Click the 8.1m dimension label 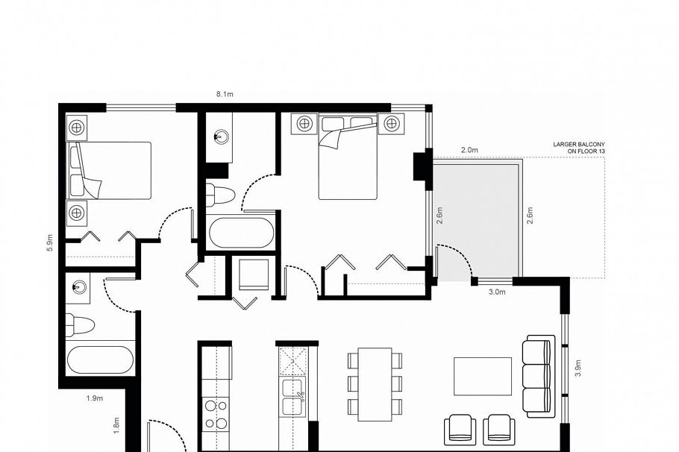225,94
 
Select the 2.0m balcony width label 469,150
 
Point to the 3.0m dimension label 497,292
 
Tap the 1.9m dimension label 95,398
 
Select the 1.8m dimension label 116,426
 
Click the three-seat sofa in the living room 538,374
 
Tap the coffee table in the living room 483,376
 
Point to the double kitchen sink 290,395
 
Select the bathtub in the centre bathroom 241,233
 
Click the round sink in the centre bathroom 220,136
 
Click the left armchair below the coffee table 460,430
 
